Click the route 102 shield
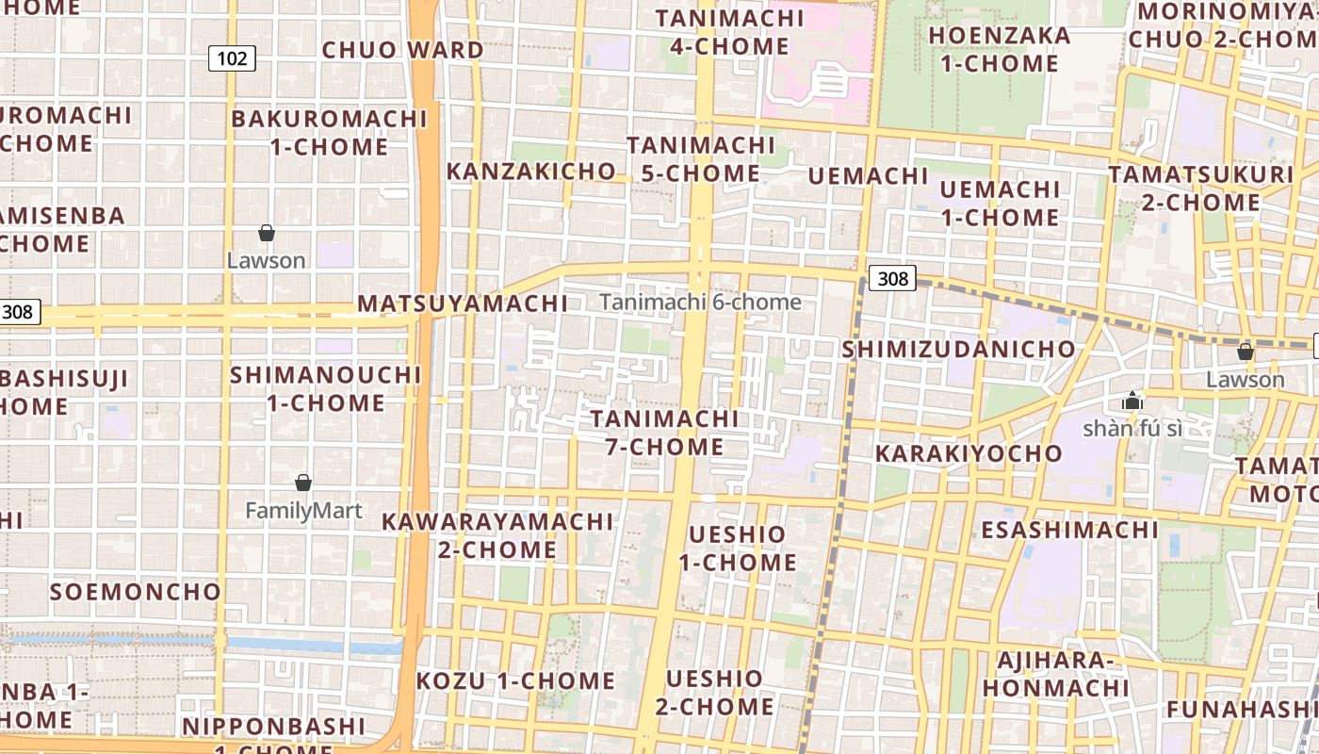click(x=232, y=59)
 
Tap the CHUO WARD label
click(x=403, y=50)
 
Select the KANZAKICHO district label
click(x=531, y=172)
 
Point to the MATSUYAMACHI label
click(x=463, y=303)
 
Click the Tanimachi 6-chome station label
click(x=700, y=303)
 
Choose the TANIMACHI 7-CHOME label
click(x=665, y=433)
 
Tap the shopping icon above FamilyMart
click(x=303, y=483)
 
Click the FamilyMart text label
click(x=303, y=511)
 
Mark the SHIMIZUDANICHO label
click(x=958, y=349)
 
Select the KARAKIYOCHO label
click(x=969, y=453)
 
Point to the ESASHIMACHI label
click(x=1069, y=530)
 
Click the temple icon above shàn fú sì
click(x=1132, y=402)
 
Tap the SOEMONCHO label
click(x=136, y=592)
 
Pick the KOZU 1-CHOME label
click(x=515, y=680)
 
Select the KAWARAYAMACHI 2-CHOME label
click(x=497, y=535)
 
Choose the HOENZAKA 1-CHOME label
click(x=1000, y=50)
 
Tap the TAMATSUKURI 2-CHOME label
click(x=1201, y=188)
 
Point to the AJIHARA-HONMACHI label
click(x=1055, y=674)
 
